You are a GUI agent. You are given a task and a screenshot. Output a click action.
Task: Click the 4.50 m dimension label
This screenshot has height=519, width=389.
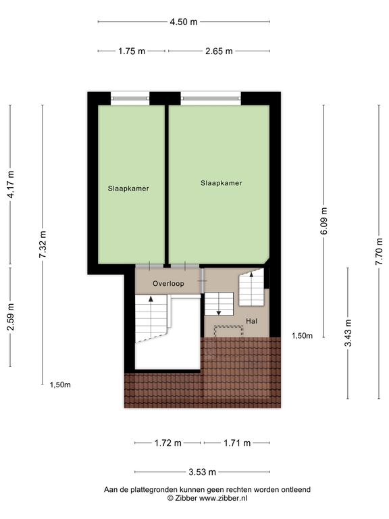(x=184, y=22)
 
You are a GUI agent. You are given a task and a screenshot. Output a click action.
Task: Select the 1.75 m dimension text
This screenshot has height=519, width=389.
(x=132, y=51)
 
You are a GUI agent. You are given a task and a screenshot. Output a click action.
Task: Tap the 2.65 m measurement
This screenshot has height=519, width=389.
(x=219, y=51)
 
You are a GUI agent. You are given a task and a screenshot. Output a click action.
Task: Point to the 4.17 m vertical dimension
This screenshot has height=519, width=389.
(x=11, y=184)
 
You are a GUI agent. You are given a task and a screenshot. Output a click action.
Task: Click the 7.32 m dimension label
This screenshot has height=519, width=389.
(x=43, y=245)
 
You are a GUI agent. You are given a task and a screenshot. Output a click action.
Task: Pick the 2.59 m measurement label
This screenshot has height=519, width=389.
(x=11, y=317)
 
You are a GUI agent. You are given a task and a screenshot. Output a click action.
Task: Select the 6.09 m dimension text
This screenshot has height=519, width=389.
(x=324, y=221)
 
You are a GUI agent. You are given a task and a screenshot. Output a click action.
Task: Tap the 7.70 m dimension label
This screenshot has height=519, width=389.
(x=379, y=251)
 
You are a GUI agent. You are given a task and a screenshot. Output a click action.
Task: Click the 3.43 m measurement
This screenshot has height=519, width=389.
(x=348, y=332)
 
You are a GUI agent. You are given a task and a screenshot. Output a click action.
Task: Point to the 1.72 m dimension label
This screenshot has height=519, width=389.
(x=168, y=443)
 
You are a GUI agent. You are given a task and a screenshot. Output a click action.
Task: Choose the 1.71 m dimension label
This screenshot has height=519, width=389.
(x=237, y=443)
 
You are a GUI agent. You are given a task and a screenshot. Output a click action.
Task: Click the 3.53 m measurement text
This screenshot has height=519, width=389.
(x=202, y=472)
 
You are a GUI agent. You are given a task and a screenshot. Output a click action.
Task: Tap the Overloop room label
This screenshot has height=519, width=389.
(x=168, y=284)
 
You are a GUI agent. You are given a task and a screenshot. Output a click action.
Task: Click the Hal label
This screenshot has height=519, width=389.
(x=251, y=321)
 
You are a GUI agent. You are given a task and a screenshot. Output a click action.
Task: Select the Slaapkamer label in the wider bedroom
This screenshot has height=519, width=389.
(x=222, y=183)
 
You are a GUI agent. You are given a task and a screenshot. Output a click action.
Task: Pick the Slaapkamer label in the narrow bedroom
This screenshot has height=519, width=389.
(x=128, y=189)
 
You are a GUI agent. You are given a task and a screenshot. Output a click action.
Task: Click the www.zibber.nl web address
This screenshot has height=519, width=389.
(x=223, y=498)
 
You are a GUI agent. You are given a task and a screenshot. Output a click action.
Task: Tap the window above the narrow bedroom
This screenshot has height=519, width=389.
(x=130, y=98)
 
